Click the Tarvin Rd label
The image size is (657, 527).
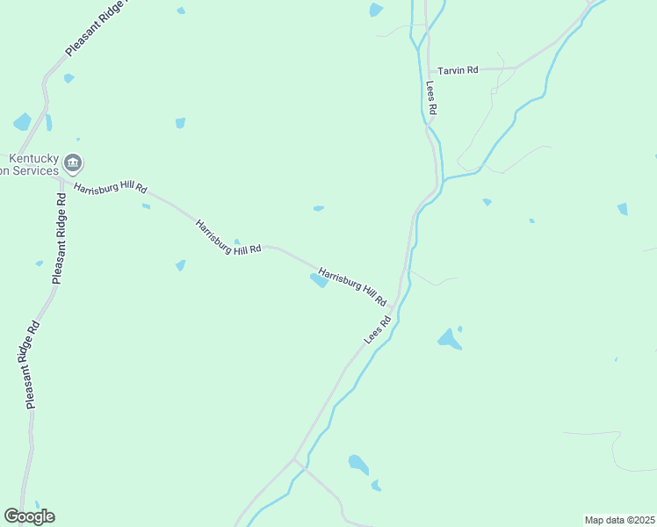pyautogui.click(x=458, y=69)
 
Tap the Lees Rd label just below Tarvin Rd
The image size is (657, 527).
pyautogui.click(x=431, y=99)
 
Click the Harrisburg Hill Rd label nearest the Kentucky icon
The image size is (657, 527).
pyautogui.click(x=111, y=189)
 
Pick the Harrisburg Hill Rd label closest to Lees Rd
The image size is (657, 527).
pyautogui.click(x=352, y=286)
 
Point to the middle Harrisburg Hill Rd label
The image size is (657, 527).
pyautogui.click(x=228, y=237)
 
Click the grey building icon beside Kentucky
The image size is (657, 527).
pyautogui.click(x=74, y=162)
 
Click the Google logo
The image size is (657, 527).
pyautogui.click(x=29, y=516)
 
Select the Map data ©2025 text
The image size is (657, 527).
pyautogui.click(x=620, y=520)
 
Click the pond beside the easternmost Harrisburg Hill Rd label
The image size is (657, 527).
pyautogui.click(x=318, y=280)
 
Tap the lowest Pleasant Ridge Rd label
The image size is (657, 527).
pyautogui.click(x=32, y=364)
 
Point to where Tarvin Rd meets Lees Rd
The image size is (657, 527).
pyautogui.click(x=428, y=69)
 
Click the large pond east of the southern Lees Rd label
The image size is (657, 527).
pyautogui.click(x=449, y=338)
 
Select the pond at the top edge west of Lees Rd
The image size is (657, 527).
pyautogui.click(x=376, y=10)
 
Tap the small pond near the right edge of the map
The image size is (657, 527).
pyautogui.click(x=623, y=208)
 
